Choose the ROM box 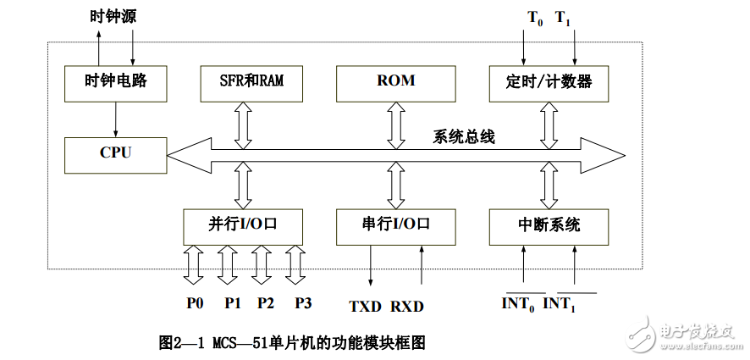(395, 82)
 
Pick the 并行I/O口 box (243, 225)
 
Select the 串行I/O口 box (395, 225)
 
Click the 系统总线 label (464, 136)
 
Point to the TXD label (366, 306)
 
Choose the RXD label (407, 306)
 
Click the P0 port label (195, 302)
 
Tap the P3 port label (303, 302)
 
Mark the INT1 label (560, 303)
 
